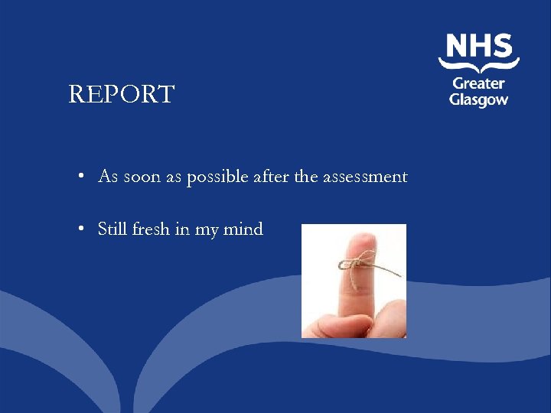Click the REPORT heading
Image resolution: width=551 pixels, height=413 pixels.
(x=122, y=95)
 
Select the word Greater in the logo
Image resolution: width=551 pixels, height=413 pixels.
(x=478, y=83)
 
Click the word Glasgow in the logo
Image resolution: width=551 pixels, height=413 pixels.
(x=478, y=100)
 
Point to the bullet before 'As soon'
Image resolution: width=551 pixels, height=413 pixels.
(x=80, y=177)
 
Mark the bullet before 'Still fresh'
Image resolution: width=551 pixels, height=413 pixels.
(x=80, y=230)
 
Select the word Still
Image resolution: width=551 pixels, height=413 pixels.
(x=112, y=229)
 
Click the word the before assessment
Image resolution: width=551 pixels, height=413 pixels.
(x=305, y=177)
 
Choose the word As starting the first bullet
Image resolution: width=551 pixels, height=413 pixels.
(x=108, y=177)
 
